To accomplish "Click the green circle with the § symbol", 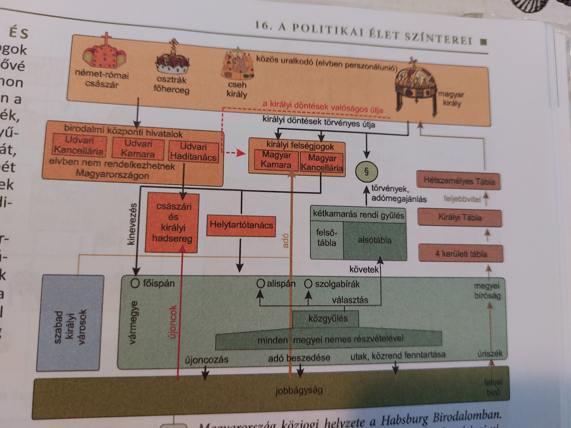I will (x=366, y=172).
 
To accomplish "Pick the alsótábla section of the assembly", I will (x=375, y=240).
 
